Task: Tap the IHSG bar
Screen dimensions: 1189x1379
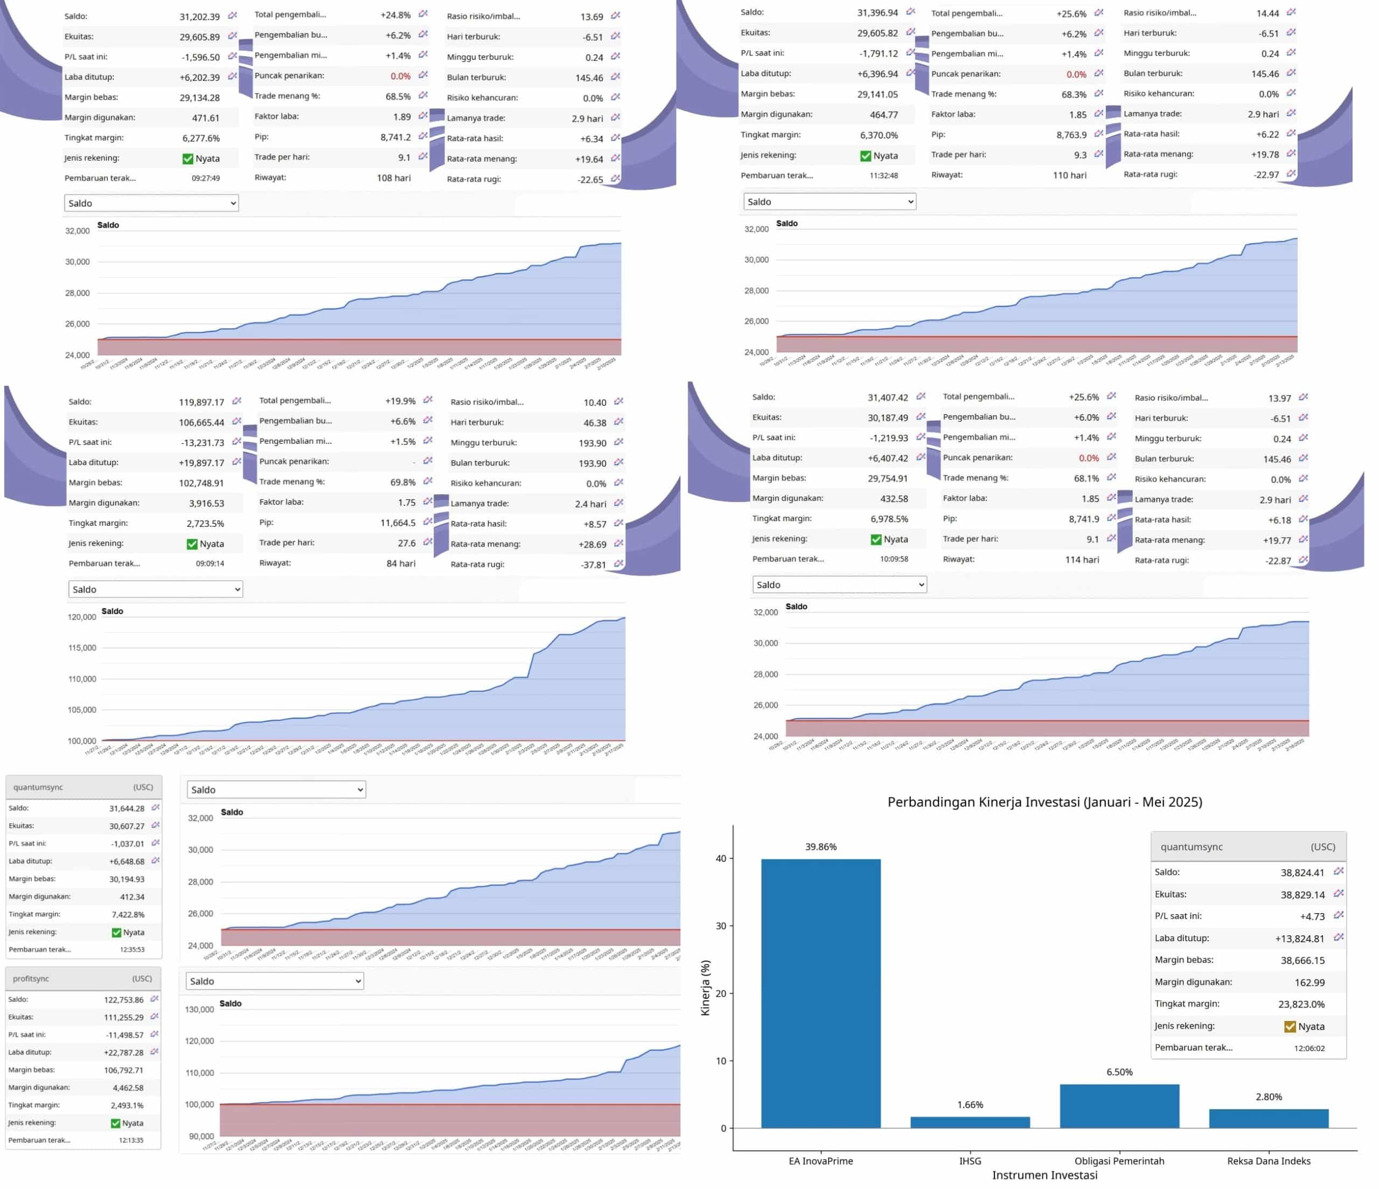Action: point(970,1122)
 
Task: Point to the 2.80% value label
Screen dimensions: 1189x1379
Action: point(1269,1096)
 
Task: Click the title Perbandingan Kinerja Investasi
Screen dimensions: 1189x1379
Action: point(1044,802)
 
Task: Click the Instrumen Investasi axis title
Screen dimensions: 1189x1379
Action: point(1044,1175)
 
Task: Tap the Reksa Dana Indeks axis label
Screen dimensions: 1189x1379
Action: point(1269,1161)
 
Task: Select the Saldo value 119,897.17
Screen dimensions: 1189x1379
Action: point(201,402)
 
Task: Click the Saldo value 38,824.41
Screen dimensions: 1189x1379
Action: point(1302,873)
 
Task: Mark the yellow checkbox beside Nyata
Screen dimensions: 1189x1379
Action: point(1290,1026)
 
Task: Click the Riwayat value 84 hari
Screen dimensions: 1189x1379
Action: point(401,563)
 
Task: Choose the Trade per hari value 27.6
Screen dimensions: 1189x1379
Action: point(406,543)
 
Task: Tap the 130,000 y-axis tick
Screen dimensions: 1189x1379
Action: point(199,1009)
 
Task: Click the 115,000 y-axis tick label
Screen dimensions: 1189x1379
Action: point(82,648)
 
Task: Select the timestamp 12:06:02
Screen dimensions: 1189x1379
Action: point(1309,1048)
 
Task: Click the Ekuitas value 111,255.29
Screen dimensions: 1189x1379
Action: point(123,1017)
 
